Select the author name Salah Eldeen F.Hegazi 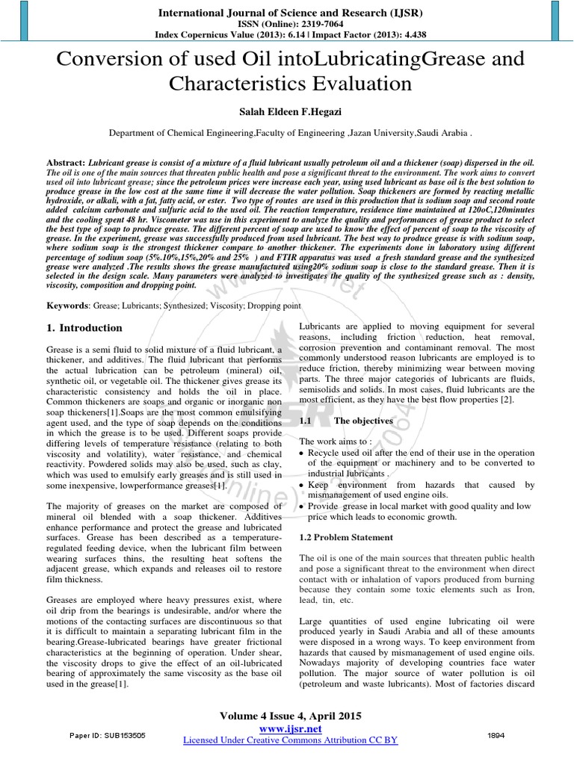tap(287, 111)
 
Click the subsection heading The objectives tap(363, 421)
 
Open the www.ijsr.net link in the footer tap(289, 728)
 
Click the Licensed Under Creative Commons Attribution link tap(290, 740)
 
